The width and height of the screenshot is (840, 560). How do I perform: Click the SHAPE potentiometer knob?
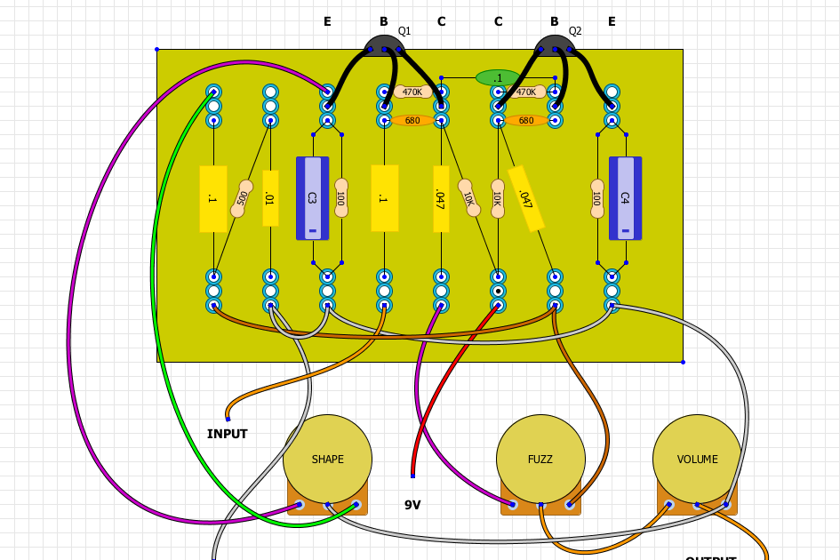(327, 459)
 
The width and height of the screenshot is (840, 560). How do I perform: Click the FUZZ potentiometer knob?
(540, 459)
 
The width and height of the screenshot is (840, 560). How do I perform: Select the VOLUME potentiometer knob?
(697, 459)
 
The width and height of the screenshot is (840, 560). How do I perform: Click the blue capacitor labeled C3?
(312, 198)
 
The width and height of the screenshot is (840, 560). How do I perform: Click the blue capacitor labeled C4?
(625, 198)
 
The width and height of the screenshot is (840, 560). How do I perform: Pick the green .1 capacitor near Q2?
(498, 78)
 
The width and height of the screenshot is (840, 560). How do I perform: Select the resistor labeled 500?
(242, 198)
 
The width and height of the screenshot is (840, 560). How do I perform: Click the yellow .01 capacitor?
(270, 198)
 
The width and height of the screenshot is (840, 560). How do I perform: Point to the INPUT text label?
(228, 434)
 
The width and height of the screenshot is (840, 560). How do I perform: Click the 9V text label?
(412, 505)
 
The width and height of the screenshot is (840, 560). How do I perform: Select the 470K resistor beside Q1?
(412, 92)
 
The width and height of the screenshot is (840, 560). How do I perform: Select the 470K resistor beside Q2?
(526, 92)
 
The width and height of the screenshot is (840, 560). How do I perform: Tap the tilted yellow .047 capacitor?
(525, 199)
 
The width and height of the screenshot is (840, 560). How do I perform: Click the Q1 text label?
(404, 31)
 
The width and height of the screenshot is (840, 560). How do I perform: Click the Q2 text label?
(575, 31)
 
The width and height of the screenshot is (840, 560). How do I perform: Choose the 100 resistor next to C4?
(596, 198)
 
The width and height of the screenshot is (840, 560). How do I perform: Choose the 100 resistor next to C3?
(340, 198)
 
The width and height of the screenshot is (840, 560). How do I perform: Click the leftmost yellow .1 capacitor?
(212, 198)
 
